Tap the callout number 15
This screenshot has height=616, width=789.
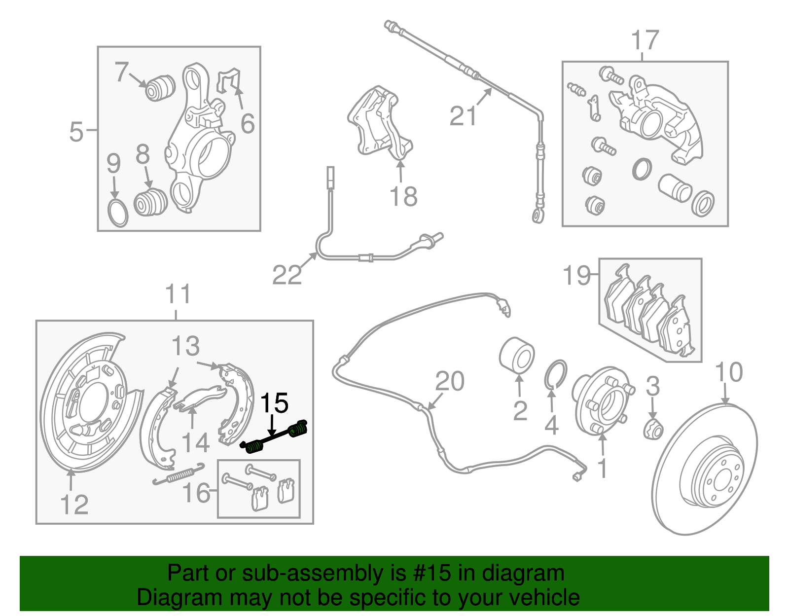[x=274, y=403]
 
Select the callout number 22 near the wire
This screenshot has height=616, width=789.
[x=287, y=275]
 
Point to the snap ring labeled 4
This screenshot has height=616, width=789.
[x=556, y=373]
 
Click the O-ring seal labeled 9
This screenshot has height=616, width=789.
[x=117, y=213]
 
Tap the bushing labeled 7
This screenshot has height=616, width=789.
[x=159, y=87]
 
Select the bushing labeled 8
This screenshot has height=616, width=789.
[x=150, y=203]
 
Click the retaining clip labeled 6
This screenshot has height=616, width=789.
[x=229, y=81]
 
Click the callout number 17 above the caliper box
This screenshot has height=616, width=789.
[x=645, y=40]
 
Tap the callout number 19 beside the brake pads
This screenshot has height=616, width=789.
[x=576, y=275]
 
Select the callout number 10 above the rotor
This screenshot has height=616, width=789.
[x=728, y=372]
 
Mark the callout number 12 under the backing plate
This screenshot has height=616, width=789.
[x=74, y=504]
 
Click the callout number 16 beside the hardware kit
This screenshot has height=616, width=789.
[x=196, y=492]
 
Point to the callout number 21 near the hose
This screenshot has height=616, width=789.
[x=463, y=116]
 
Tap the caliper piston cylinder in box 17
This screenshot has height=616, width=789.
[x=674, y=188]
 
